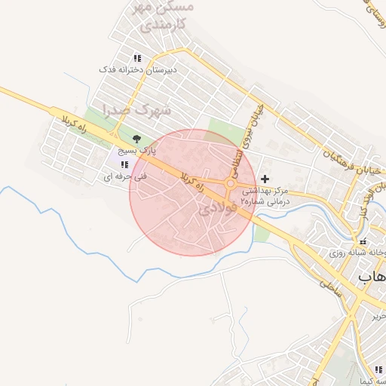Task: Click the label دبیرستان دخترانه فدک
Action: (138, 69)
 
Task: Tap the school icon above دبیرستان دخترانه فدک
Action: (136, 58)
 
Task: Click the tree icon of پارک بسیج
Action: (136, 139)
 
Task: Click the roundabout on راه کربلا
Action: (231, 183)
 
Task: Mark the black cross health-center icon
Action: (264, 179)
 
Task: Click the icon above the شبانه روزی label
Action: (363, 241)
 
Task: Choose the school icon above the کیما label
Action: (378, 369)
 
